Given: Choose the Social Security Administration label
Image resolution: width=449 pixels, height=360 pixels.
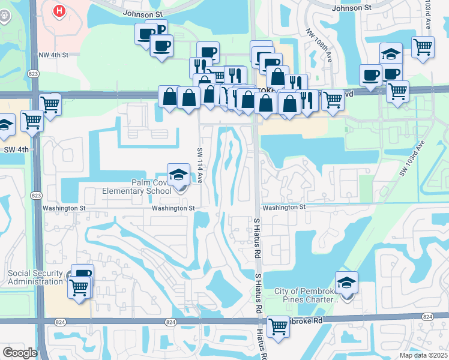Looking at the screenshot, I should (x=35, y=278).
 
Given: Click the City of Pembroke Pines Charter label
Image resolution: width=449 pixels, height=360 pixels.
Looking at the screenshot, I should (x=306, y=295).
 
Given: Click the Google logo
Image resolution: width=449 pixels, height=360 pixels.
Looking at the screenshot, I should (x=19, y=353).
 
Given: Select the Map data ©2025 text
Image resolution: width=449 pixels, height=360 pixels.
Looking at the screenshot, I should (x=423, y=355).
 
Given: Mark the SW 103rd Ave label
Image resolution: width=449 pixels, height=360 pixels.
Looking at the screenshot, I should (x=412, y=158).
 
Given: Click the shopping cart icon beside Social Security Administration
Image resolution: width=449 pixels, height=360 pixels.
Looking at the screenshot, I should (x=79, y=287).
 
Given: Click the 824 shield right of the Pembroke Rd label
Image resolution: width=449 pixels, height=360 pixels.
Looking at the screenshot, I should (x=427, y=317).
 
